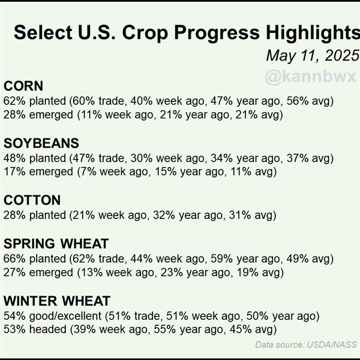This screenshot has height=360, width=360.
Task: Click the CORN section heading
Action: tap(23, 86)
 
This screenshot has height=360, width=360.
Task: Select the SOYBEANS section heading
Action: tap(41, 143)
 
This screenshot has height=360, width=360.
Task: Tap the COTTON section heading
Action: tap(32, 200)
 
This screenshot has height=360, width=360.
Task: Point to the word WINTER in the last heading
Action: tap(31, 301)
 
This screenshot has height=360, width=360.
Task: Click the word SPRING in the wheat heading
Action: tap(29, 244)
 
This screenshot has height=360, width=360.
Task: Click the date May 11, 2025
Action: tap(313, 56)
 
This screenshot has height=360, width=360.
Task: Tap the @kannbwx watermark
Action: tap(310, 77)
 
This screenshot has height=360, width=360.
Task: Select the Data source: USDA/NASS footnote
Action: tap(306, 344)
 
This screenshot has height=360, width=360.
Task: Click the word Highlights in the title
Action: tap(313, 33)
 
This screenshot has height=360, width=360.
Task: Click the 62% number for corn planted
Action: tap(14, 101)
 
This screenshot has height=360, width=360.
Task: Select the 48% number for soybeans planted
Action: tap(14, 158)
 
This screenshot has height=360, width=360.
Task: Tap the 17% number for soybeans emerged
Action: tap(14, 172)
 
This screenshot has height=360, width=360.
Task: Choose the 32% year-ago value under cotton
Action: tap(164, 215)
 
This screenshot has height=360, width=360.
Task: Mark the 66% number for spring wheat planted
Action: tap(14, 259)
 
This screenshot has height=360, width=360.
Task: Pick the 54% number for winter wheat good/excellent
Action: tap(14, 316)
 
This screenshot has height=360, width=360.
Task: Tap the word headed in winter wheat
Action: tap(47, 329)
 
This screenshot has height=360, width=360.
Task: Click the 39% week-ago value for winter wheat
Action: tap(85, 329)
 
